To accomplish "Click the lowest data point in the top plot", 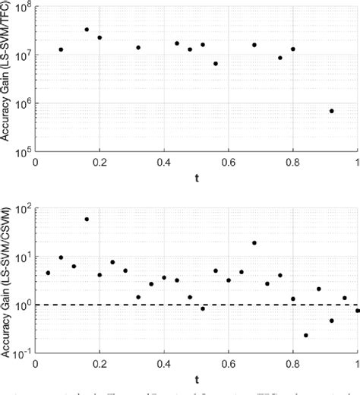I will click(x=332, y=111).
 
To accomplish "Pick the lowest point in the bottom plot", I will click(x=306, y=335).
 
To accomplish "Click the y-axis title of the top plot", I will click(x=7, y=78).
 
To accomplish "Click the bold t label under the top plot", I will click(x=197, y=180).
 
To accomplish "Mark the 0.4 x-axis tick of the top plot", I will click(x=164, y=163).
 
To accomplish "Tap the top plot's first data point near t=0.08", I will click(x=61, y=49).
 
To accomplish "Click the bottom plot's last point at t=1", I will click(x=357, y=311).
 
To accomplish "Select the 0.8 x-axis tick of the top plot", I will click(x=293, y=163).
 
